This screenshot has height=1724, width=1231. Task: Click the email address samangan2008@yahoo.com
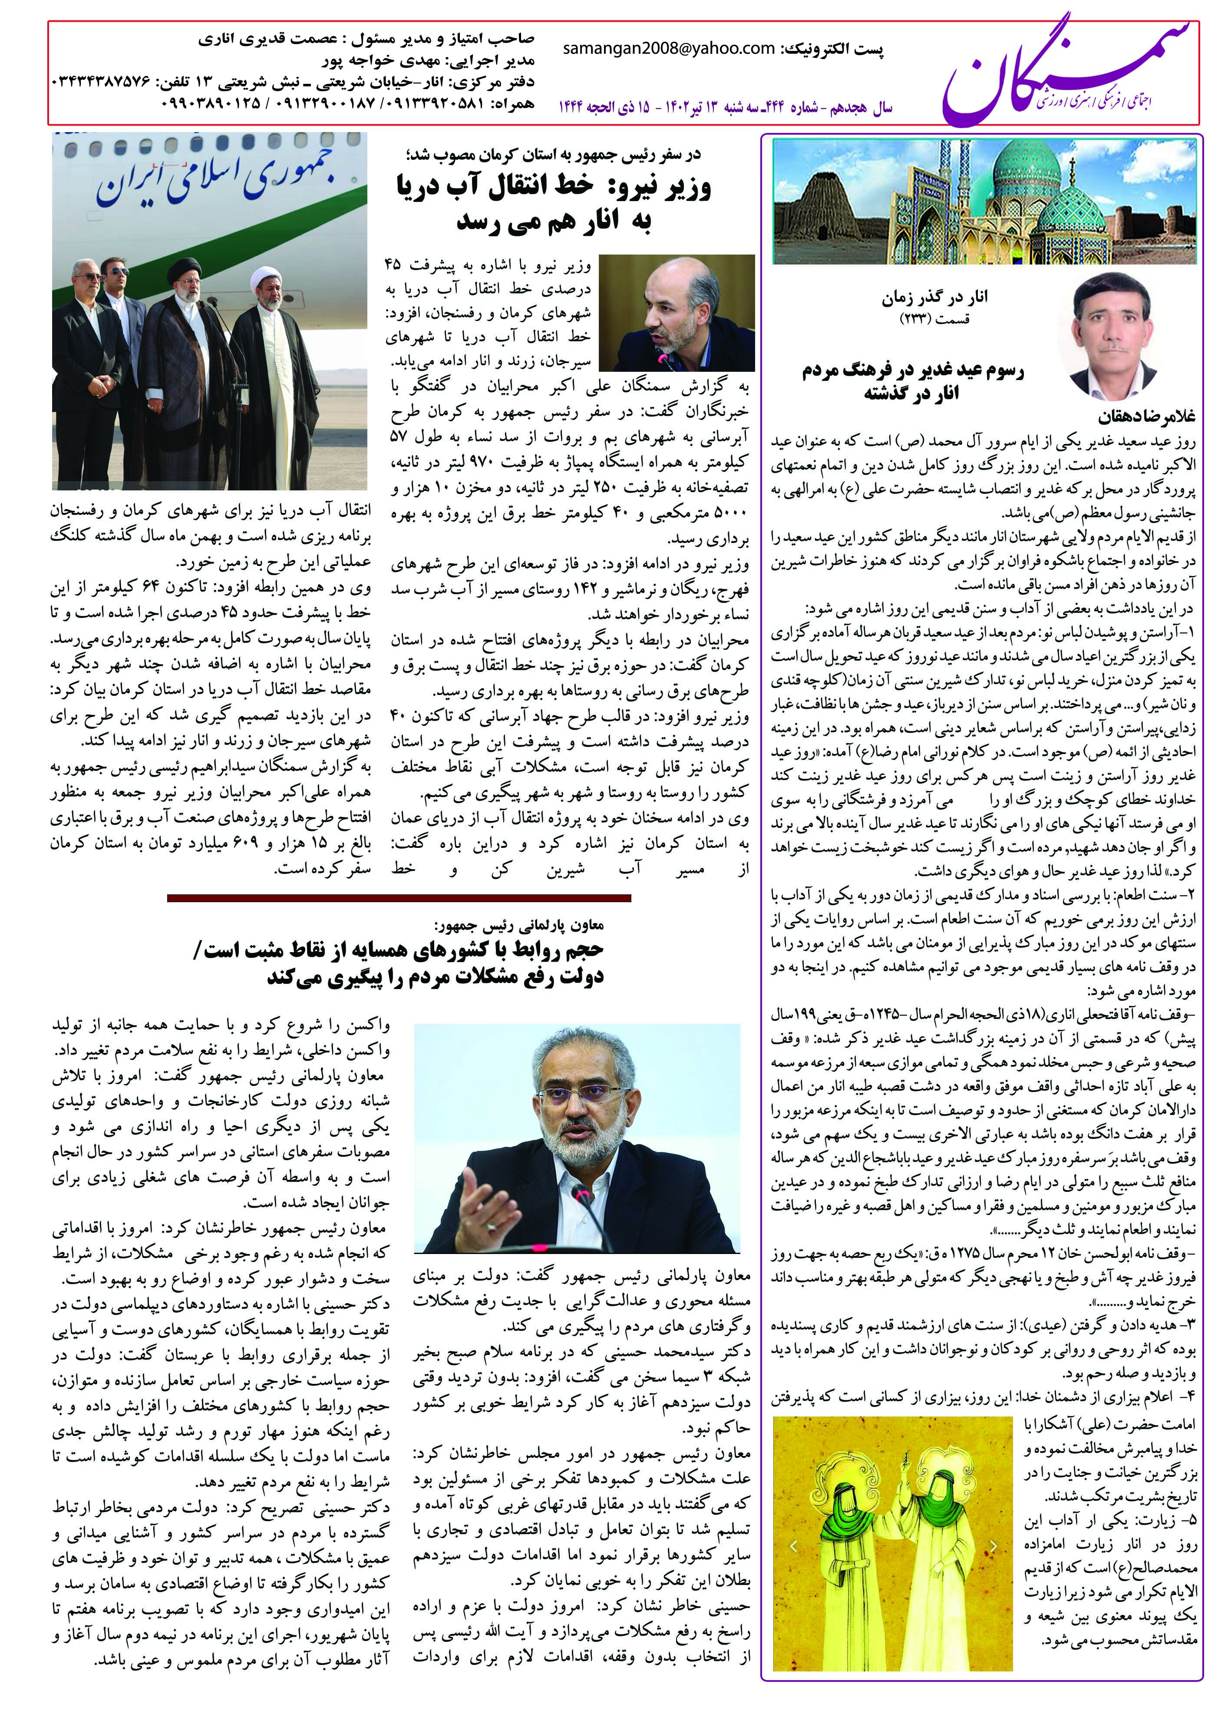pyautogui.click(x=669, y=49)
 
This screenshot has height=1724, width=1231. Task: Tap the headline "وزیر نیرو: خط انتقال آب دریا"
pyautogui.click(x=553, y=186)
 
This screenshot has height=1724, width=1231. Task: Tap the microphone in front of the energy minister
pyautogui.click(x=663, y=356)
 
